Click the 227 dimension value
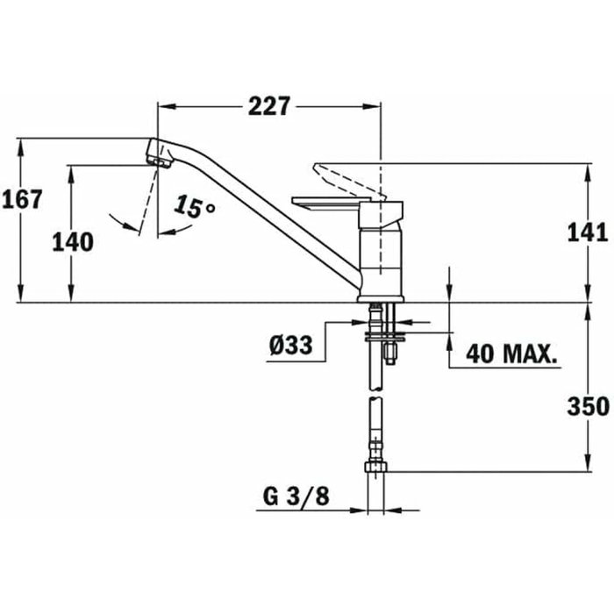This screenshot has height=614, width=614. tap(268, 106)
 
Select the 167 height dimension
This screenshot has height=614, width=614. tap(22, 199)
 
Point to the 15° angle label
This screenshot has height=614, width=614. tap(194, 209)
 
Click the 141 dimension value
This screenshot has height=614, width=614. tap(587, 232)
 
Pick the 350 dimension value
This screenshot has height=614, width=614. tap(587, 406)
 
